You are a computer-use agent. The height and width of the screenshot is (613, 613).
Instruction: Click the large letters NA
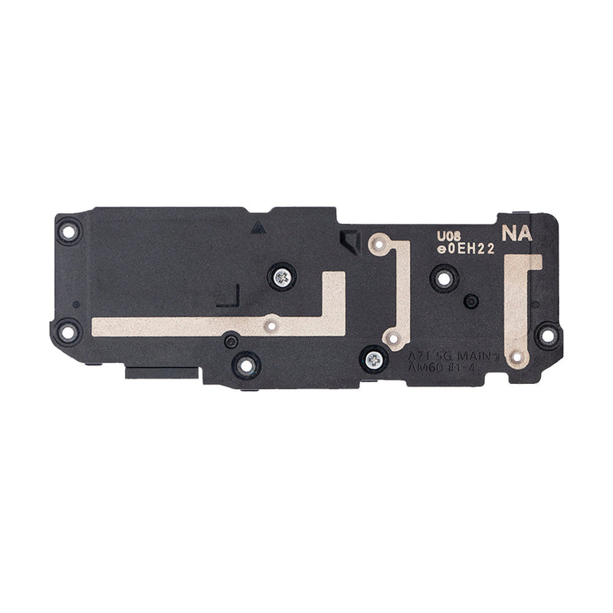click(x=515, y=233)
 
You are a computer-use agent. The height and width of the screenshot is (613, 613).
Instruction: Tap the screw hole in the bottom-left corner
click(x=70, y=332)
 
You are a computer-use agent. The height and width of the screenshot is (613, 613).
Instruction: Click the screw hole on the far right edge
click(x=546, y=333)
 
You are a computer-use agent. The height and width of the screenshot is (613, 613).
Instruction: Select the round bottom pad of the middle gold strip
click(x=392, y=338)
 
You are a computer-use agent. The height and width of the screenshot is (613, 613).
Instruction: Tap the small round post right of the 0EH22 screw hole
click(x=473, y=299)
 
